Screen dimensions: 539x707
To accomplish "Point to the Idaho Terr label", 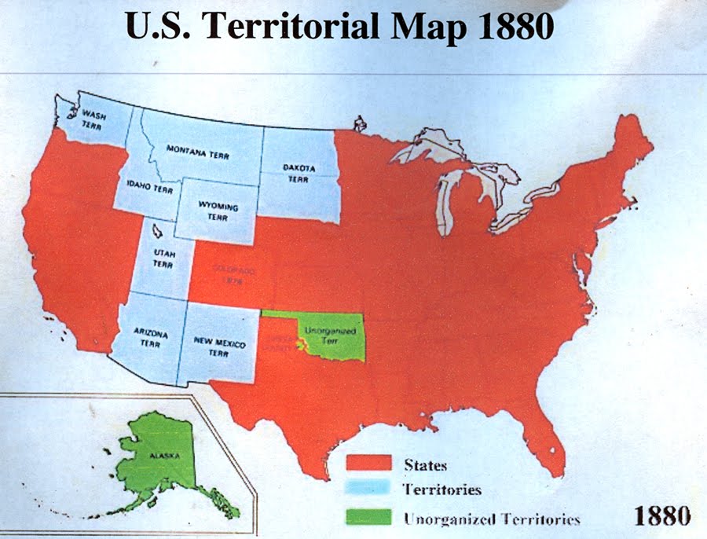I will [x=149, y=189].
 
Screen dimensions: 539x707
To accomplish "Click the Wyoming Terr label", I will [x=218, y=211].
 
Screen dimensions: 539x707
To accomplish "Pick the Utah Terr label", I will [x=163, y=258].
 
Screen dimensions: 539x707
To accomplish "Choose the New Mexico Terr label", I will [x=220, y=348].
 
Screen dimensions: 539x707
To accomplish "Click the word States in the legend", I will [x=426, y=464].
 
